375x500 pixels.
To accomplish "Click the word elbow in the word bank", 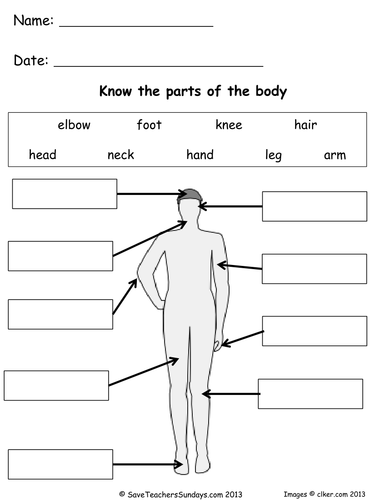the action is [74, 125].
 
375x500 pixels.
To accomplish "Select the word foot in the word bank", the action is [149, 125].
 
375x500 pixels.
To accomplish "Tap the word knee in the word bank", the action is [229, 125].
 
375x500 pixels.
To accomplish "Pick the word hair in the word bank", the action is [305, 125].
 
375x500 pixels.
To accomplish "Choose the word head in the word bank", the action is [43, 155].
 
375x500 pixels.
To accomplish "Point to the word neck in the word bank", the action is [121, 155].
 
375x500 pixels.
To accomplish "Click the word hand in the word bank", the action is [200, 155].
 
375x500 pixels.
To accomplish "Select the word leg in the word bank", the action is [273, 155].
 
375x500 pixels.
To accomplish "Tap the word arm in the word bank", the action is [335, 155].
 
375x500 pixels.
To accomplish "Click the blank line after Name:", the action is [136, 26].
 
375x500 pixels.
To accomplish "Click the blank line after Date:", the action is [158, 66].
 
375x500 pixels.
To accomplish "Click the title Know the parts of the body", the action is [193, 91].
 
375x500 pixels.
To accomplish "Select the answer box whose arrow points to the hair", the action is [65, 194].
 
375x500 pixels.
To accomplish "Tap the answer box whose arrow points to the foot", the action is [60, 464].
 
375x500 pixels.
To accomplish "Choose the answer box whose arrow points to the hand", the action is [315, 331].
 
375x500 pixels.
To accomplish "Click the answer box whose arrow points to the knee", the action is [310, 394].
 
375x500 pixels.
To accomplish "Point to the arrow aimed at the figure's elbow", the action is [125, 297].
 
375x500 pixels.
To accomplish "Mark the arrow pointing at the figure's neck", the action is [150, 238].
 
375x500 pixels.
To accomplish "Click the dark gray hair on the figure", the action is [190, 195].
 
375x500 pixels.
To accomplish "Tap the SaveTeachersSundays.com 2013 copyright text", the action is [181, 494].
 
